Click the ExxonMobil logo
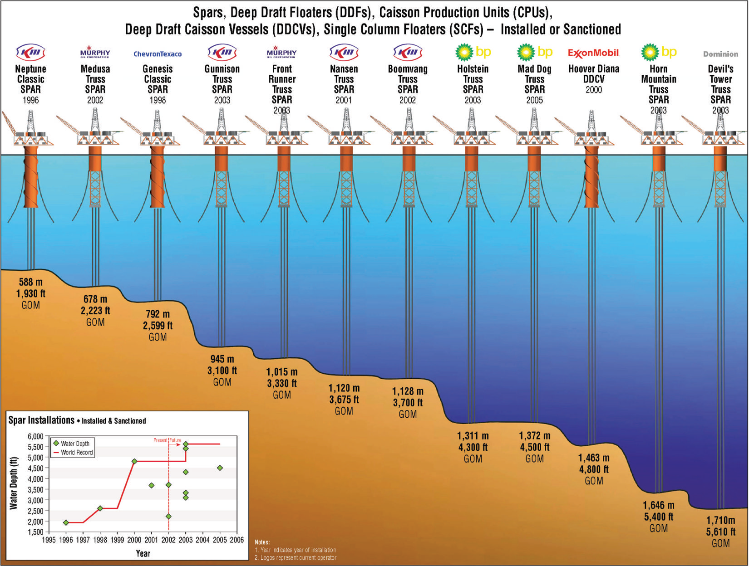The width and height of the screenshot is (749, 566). [593, 53]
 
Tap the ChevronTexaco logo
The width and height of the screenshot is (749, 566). [158, 54]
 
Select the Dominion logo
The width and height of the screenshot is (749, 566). [720, 54]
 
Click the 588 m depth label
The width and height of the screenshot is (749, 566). [31, 282]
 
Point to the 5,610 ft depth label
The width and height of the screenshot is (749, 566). [720, 532]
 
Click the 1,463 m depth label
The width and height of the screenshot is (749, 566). [594, 458]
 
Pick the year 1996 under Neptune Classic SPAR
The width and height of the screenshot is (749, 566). [31, 100]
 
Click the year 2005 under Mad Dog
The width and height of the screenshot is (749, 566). [534, 100]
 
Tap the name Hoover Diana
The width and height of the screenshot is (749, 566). [594, 69]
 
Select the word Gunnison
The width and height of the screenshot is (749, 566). [222, 69]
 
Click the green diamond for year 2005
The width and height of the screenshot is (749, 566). [220, 468]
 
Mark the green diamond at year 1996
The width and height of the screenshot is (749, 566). [66, 522]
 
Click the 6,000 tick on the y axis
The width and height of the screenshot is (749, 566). [35, 436]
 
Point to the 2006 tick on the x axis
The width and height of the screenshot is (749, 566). [237, 540]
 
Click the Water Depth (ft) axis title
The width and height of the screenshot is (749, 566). [14, 483]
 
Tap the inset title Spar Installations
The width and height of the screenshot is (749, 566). [41, 420]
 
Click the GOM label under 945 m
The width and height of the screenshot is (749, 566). [222, 382]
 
